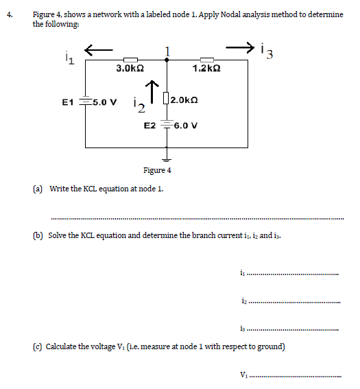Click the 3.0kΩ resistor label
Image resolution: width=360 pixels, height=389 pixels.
click(130, 69)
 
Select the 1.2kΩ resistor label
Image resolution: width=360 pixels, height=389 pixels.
click(206, 69)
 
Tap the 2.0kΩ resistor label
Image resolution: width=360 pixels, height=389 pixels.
click(184, 100)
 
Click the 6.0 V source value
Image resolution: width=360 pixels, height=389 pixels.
click(187, 126)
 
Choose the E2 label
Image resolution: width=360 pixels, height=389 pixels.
click(149, 126)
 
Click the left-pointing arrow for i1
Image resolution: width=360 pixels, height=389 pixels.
click(98, 49)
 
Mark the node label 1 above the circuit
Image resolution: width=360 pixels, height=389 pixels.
click(167, 50)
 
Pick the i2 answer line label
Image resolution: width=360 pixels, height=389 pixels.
click(243, 300)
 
